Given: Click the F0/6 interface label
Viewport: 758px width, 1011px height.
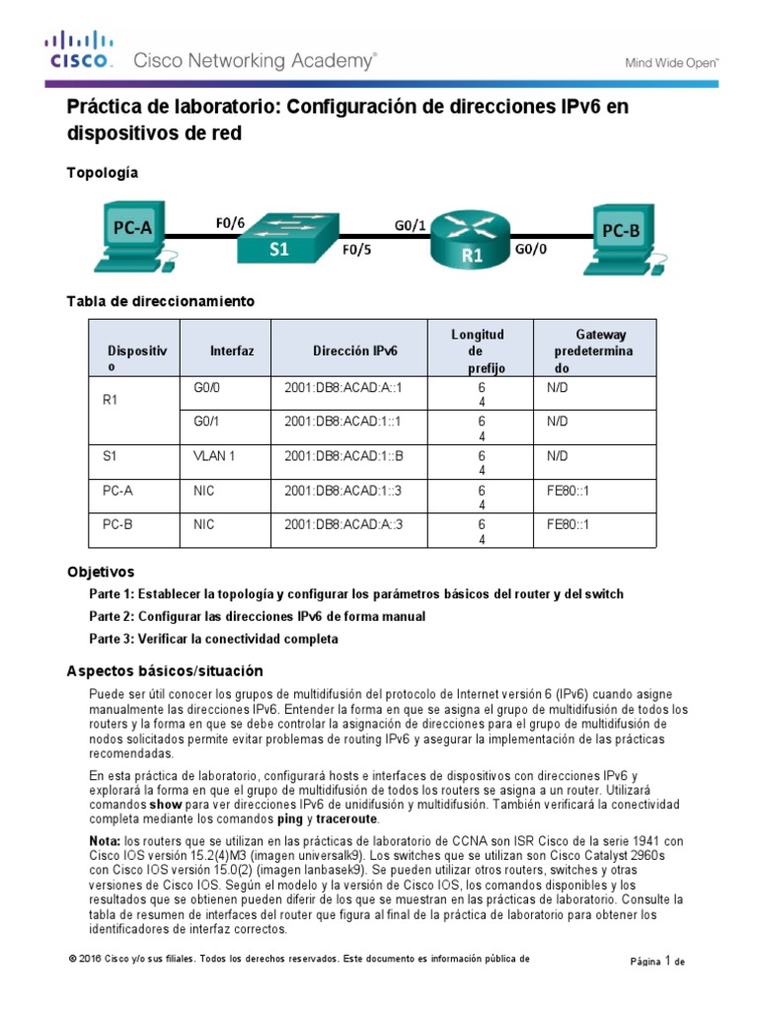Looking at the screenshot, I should pyautogui.click(x=230, y=223).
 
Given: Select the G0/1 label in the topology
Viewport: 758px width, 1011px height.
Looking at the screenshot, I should pyautogui.click(x=411, y=225).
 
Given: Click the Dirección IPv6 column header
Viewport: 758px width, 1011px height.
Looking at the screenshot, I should pyautogui.click(x=355, y=350).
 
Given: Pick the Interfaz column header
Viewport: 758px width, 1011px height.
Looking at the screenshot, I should pyautogui.click(x=232, y=350).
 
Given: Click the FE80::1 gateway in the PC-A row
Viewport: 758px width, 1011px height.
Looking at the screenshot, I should pyautogui.click(x=568, y=490).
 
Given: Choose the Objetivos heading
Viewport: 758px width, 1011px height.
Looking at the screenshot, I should pyautogui.click(x=101, y=572).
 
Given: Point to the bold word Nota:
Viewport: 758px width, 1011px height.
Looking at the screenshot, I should pyautogui.click(x=106, y=840).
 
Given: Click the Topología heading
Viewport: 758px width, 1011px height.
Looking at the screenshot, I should pyautogui.click(x=102, y=172).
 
